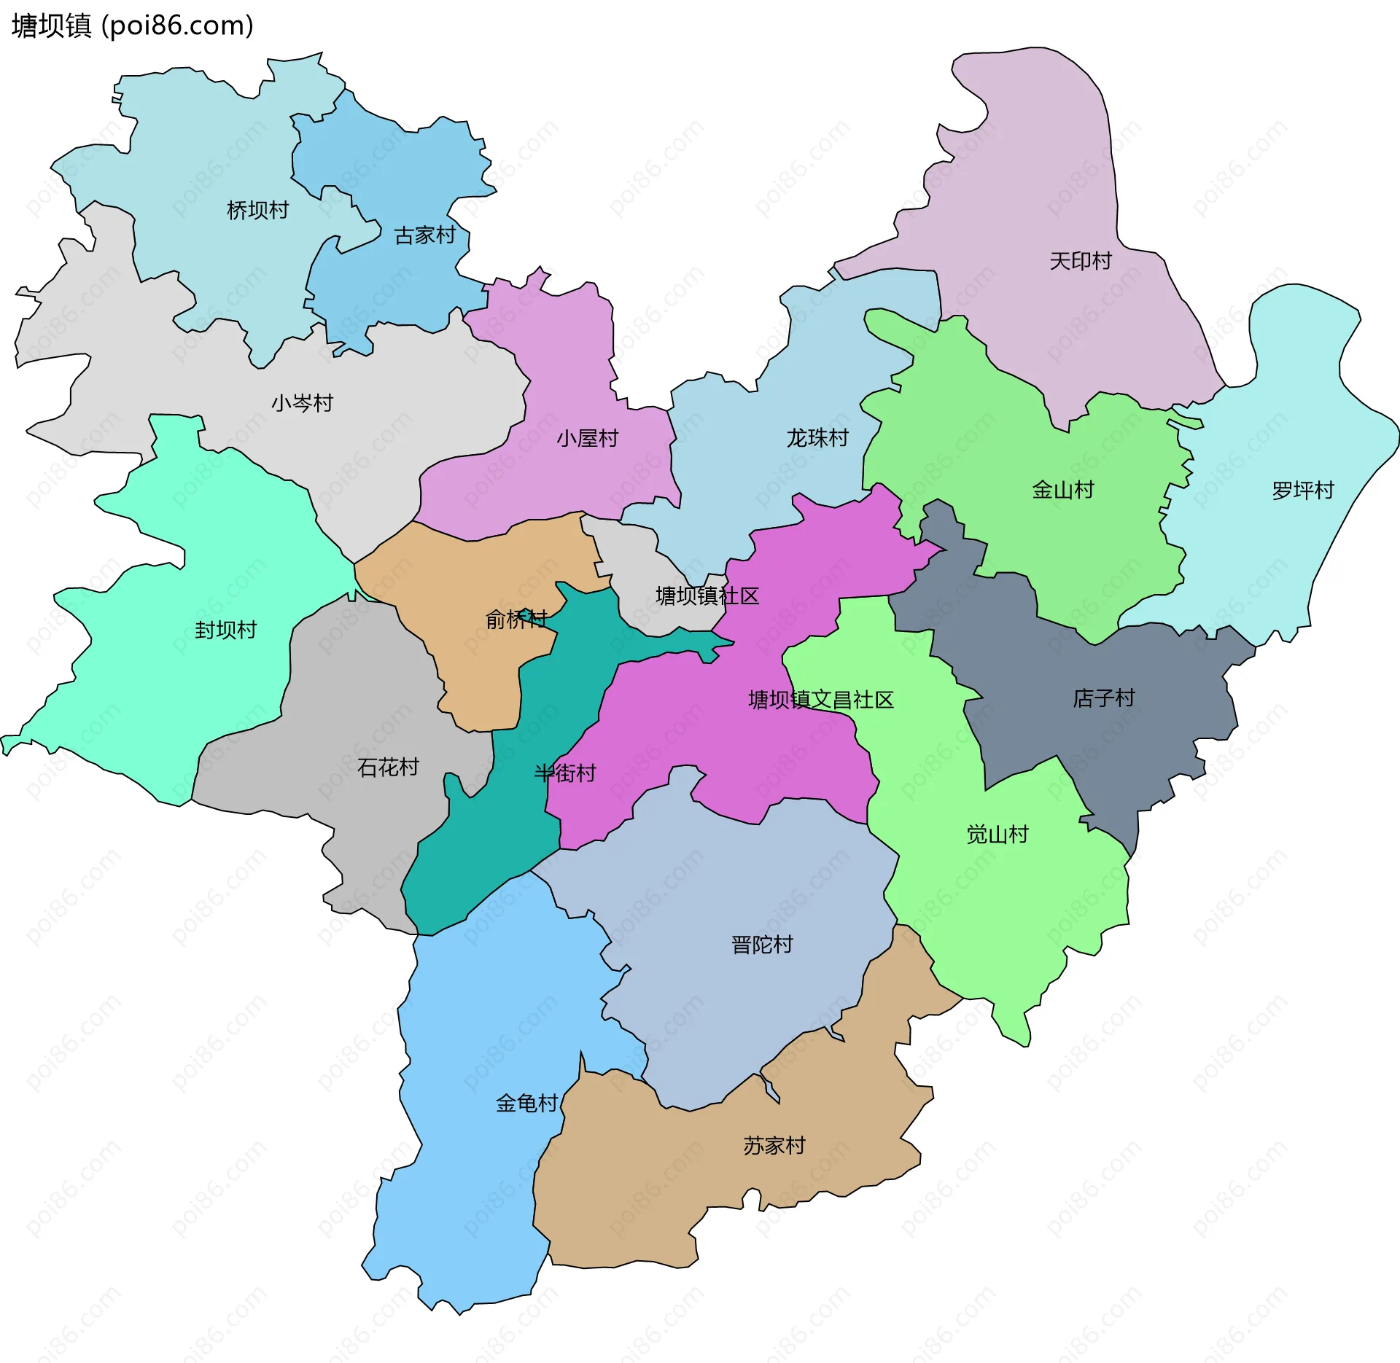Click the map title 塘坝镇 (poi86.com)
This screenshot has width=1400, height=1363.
tap(133, 26)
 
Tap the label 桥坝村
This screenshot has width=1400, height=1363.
tap(258, 211)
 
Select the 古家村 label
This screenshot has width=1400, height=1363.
tap(425, 235)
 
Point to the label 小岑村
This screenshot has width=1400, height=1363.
tap(303, 403)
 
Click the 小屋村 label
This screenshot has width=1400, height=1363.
tap(588, 438)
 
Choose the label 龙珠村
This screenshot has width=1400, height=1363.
tap(818, 438)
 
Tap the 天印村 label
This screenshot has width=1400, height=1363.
tap(1081, 261)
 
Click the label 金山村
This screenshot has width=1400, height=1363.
tap(1063, 490)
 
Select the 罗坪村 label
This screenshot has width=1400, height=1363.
tap(1303, 491)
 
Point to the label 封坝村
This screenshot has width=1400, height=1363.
tap(226, 630)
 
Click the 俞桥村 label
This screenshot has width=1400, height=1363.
tap(517, 620)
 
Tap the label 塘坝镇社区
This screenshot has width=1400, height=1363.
tap(707, 596)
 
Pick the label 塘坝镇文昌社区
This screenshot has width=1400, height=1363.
tap(821, 700)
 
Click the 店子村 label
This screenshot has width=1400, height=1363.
tap(1104, 698)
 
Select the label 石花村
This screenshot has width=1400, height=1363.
tap(388, 767)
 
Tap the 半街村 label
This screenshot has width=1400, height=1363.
tap(565, 773)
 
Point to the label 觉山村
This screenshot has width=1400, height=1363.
tap(997, 835)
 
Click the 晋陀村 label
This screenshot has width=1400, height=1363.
tap(762, 945)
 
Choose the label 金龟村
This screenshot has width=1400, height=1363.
tap(527, 1104)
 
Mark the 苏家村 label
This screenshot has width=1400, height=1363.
tap(774, 1146)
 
